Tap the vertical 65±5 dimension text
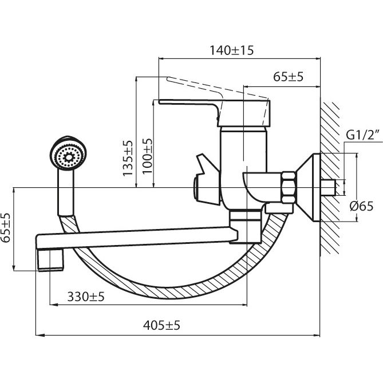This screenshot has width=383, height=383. point(6,229)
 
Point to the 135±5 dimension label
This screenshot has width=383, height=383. point(128,158)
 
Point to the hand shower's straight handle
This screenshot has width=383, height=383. point(65,195)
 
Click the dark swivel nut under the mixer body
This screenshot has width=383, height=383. point(244,218)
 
